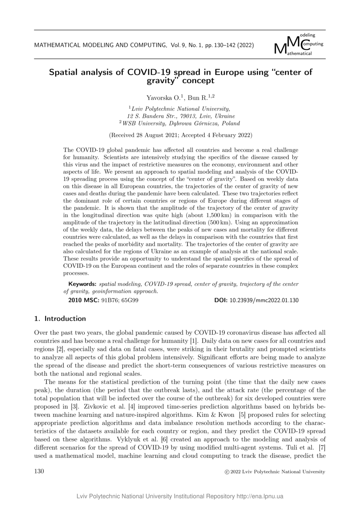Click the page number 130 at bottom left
[x=39, y=471]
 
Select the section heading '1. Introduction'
[x=60, y=318]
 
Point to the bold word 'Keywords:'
[x=82, y=284]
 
